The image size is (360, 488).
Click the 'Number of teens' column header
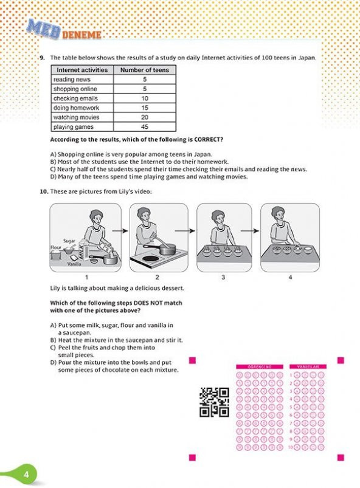point(144,70)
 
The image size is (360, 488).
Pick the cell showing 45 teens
point(144,127)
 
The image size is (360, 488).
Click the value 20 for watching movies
point(144,117)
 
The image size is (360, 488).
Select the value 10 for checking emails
point(144,98)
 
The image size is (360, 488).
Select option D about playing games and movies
point(149,177)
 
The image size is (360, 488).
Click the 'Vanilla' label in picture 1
point(74,264)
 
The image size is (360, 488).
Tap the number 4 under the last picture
point(290,277)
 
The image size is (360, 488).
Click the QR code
point(214,402)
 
